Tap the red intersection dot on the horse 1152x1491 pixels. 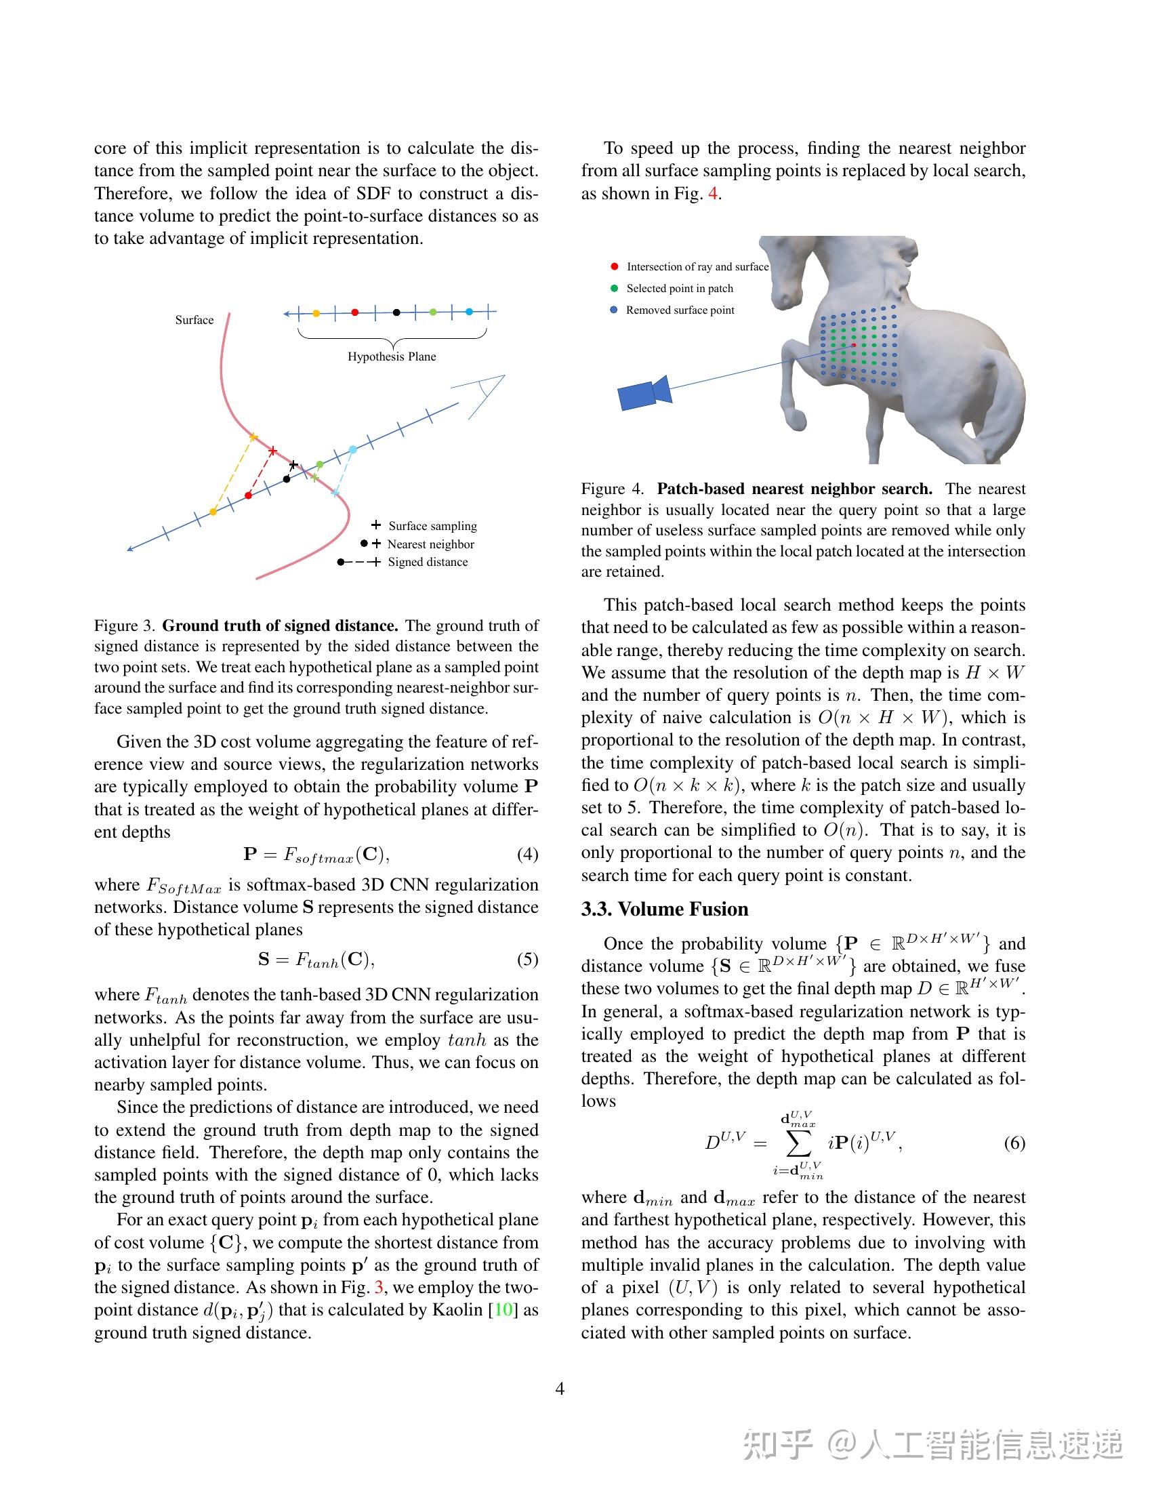tap(853, 346)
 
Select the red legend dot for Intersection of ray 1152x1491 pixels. tap(614, 266)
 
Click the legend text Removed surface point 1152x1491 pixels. tap(680, 310)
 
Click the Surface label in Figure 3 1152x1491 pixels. tap(194, 319)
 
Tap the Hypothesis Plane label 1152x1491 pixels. tap(391, 356)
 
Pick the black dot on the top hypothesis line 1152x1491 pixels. tap(396, 312)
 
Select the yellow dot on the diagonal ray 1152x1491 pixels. tap(213, 511)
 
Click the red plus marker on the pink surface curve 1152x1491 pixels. tap(272, 451)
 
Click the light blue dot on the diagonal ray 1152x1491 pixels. tap(352, 449)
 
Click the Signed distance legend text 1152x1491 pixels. tap(427, 562)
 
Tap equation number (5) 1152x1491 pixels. tap(527, 959)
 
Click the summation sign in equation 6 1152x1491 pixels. tap(798, 1143)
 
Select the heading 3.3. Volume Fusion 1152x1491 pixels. tap(664, 909)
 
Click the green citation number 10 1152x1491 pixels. tap(503, 1310)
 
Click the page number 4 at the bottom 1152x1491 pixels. tap(560, 1389)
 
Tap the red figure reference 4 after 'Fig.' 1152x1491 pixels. tap(712, 193)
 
